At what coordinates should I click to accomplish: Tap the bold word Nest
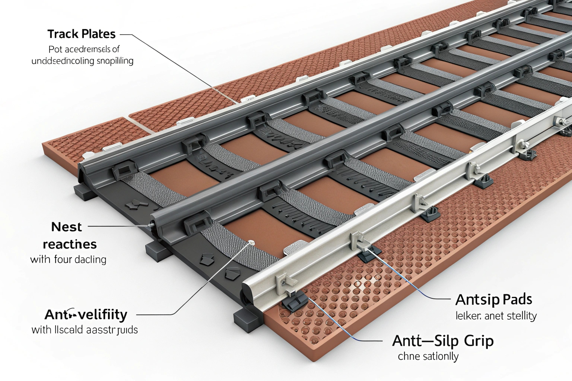point(66,227)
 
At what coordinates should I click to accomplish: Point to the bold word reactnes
point(70,244)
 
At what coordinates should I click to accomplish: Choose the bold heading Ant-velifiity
point(86,315)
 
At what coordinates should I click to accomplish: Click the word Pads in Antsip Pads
point(516,300)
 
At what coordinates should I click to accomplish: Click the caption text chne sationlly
point(428,356)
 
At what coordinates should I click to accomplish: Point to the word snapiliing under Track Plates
point(115,61)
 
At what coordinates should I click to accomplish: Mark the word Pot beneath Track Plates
point(55,49)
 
